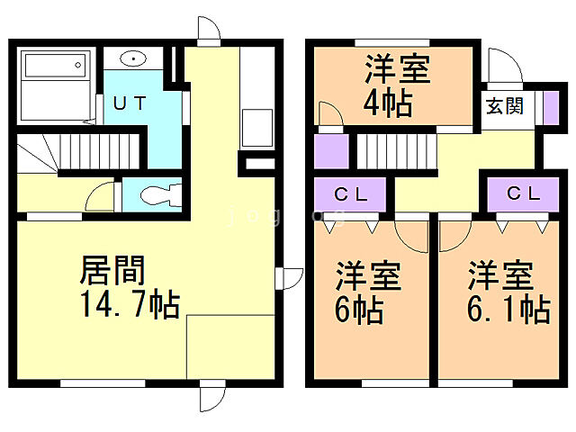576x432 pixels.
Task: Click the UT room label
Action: point(130,102)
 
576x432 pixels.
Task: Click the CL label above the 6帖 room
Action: point(350,193)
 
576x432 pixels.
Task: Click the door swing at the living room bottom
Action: point(212,396)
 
